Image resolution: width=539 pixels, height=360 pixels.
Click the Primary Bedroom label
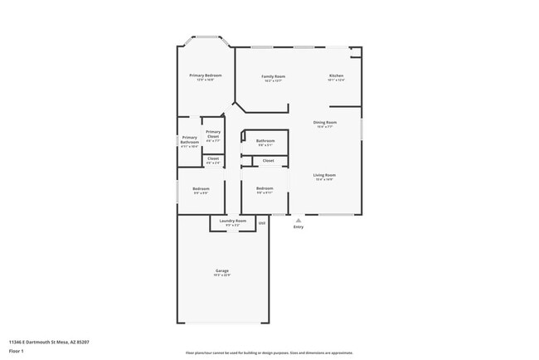[206, 75]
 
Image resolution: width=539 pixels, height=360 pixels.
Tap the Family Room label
[274, 76]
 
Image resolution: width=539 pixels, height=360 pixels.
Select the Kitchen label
[335, 76]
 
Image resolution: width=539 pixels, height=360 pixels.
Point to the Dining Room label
[324, 123]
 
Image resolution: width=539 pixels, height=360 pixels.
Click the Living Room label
[324, 175]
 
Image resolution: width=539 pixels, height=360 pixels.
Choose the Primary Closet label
[213, 134]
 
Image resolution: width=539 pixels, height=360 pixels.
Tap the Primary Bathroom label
[190, 139]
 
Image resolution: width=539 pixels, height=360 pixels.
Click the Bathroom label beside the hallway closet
[265, 141]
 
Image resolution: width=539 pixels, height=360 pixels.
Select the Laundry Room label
[233, 221]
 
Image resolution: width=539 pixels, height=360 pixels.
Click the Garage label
[222, 270]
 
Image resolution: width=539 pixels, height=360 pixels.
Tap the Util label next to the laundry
[261, 222]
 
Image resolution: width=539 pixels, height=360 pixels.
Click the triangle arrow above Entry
[299, 220]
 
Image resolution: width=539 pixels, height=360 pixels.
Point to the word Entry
[299, 227]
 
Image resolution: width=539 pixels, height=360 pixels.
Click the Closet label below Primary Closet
[213, 158]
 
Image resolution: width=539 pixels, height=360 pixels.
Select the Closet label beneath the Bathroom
[268, 160]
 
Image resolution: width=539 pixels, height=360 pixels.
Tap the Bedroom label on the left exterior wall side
[201, 189]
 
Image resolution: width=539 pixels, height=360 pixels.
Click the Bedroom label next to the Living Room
[265, 189]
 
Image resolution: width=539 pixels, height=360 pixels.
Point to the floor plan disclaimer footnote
[269, 353]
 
